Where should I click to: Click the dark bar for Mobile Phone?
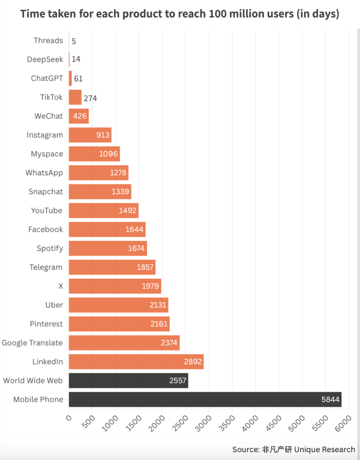pyautogui.click(x=205, y=400)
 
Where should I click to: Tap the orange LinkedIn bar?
pyautogui.click(x=136, y=362)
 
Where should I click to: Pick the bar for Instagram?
pyautogui.click(x=90, y=135)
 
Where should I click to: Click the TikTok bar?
pyautogui.click(x=75, y=97)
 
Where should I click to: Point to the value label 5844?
pyautogui.click(x=330, y=400)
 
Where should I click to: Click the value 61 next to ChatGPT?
pyautogui.click(x=78, y=79)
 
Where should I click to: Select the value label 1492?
pyautogui.click(x=128, y=211)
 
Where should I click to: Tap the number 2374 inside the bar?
pyautogui.click(x=168, y=343)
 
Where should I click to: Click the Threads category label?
pyautogui.click(x=48, y=41)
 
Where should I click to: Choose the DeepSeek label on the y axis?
pyautogui.click(x=45, y=60)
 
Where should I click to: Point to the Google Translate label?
pyautogui.click(x=32, y=343)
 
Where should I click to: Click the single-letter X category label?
pyautogui.click(x=60, y=286)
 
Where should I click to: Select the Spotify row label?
pyautogui.click(x=50, y=248)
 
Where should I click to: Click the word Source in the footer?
pyautogui.click(x=245, y=449)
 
